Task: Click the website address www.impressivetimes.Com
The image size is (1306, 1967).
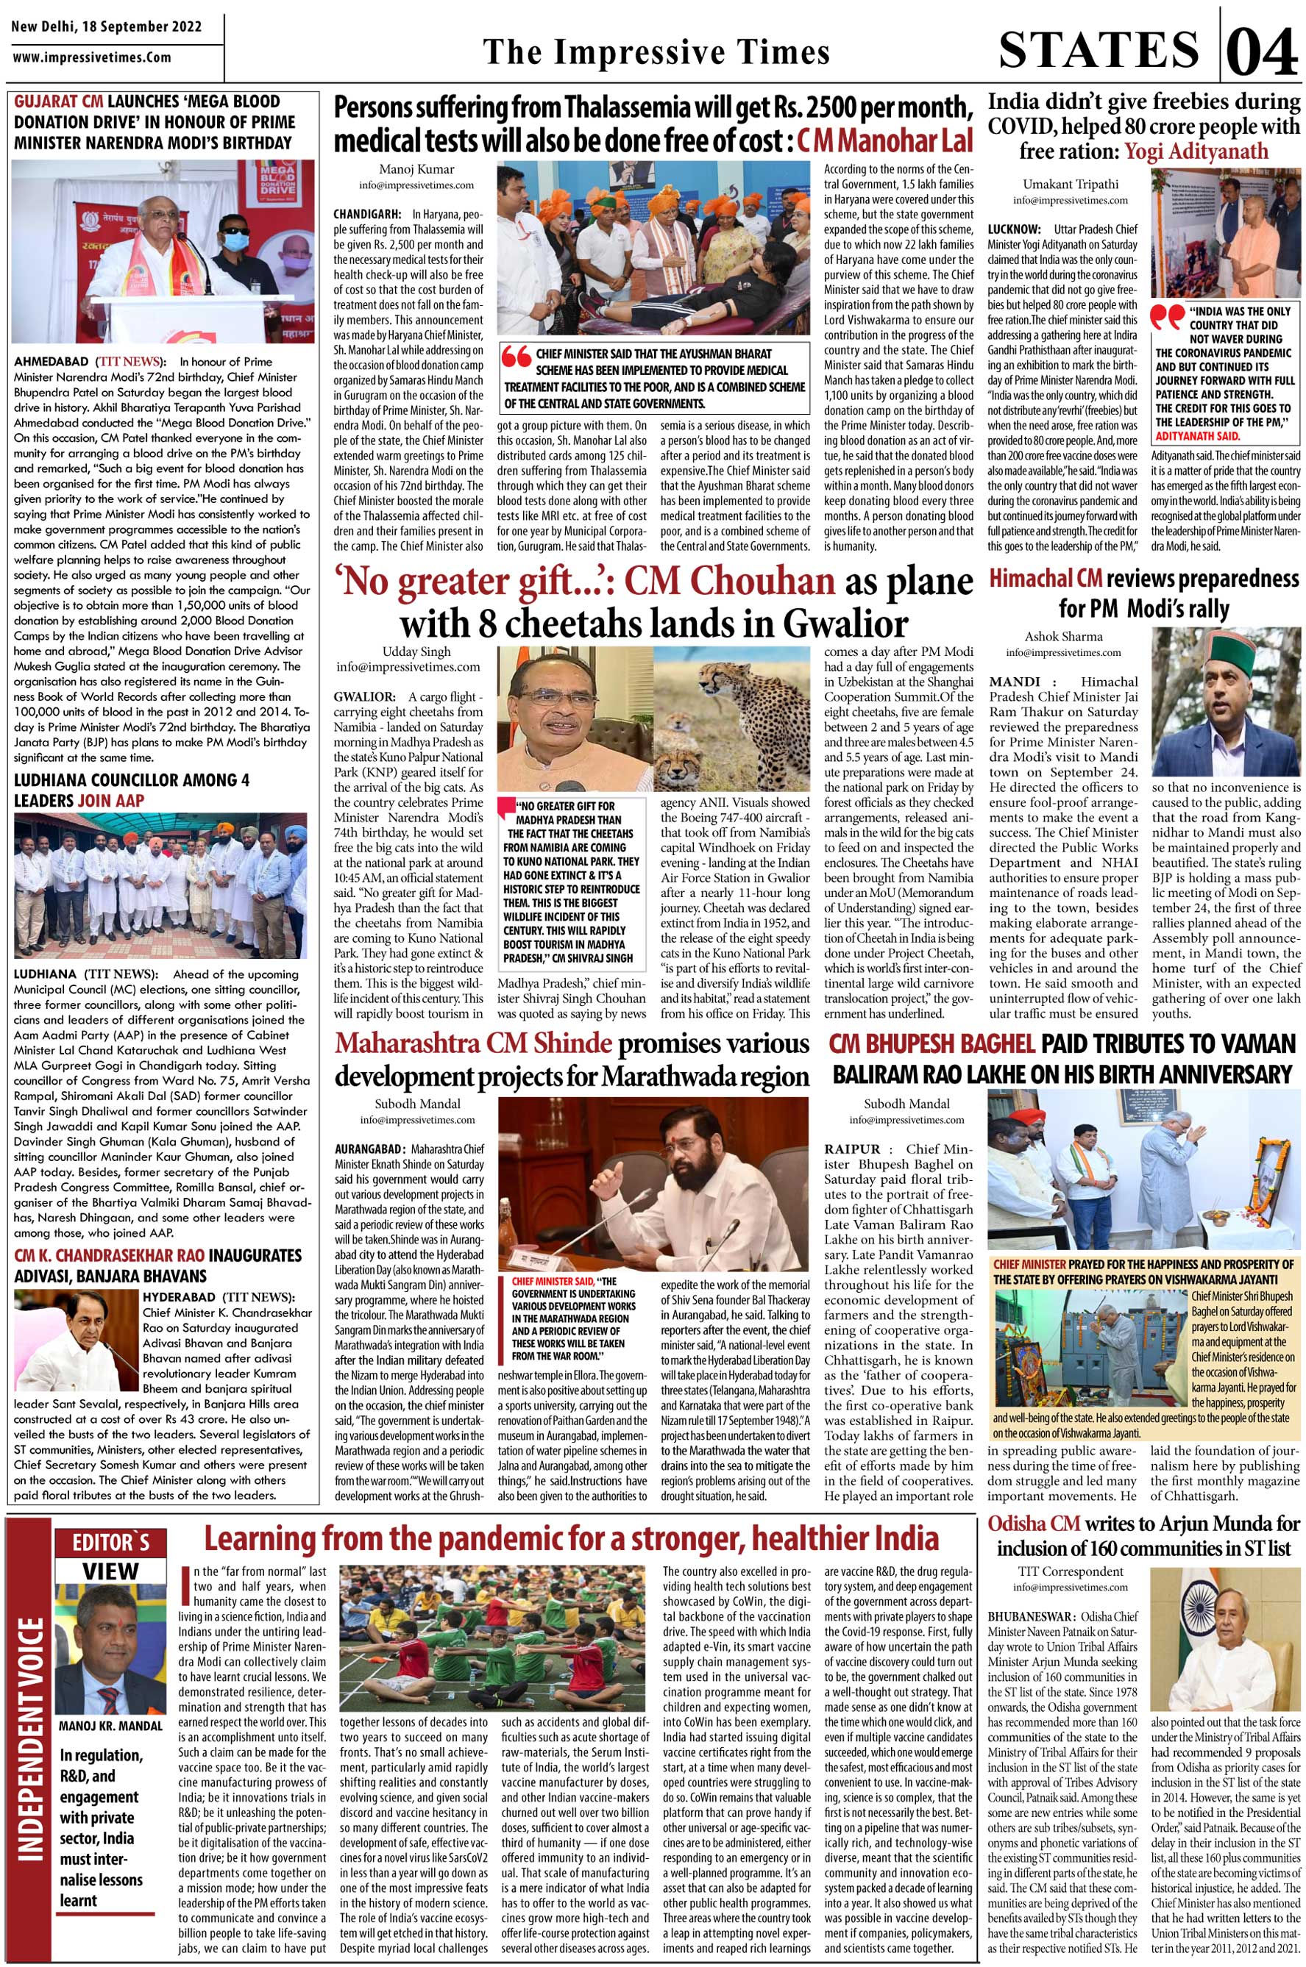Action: pyautogui.click(x=93, y=57)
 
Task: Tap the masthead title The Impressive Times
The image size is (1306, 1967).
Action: pyautogui.click(x=656, y=52)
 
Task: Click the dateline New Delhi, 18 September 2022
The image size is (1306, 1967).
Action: pyautogui.click(x=107, y=26)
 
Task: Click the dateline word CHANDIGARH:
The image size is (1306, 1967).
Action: pyautogui.click(x=367, y=214)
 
